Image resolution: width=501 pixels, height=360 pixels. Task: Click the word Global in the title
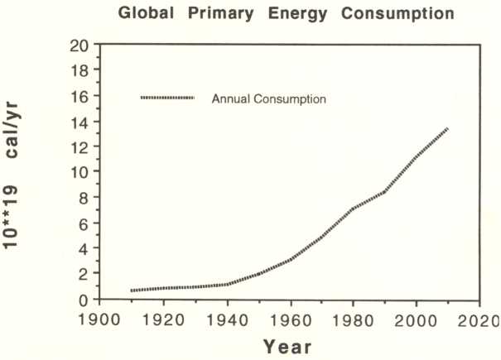(x=146, y=13)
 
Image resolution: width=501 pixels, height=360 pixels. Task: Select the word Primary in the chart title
(x=220, y=14)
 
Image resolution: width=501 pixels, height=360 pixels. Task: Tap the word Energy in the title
(x=297, y=14)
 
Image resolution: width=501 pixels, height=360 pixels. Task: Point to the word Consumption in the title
(x=397, y=14)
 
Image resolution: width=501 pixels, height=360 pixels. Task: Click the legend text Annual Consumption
(x=268, y=99)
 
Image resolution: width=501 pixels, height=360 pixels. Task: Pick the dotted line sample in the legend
(x=167, y=98)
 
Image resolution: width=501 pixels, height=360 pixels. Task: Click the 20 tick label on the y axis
(x=79, y=46)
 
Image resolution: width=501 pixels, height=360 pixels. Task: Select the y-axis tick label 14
(x=79, y=122)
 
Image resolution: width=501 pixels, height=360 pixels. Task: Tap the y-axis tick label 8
(x=83, y=199)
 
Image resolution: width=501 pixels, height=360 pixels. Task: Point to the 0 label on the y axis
(x=83, y=300)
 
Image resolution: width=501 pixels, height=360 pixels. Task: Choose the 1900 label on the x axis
(x=99, y=319)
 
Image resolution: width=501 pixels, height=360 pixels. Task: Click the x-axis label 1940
(x=227, y=319)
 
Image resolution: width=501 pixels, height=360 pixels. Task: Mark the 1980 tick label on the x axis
(x=353, y=319)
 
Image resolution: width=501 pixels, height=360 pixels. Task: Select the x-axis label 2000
(x=416, y=319)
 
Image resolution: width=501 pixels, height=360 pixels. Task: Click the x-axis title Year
(x=287, y=348)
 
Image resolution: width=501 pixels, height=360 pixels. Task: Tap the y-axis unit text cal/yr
(x=12, y=130)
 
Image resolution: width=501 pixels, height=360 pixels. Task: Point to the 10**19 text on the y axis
(x=11, y=217)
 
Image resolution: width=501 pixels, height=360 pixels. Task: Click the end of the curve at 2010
(x=448, y=128)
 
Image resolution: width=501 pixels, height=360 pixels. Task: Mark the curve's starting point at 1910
(x=132, y=290)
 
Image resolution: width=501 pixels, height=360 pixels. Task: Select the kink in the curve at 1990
(x=385, y=192)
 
